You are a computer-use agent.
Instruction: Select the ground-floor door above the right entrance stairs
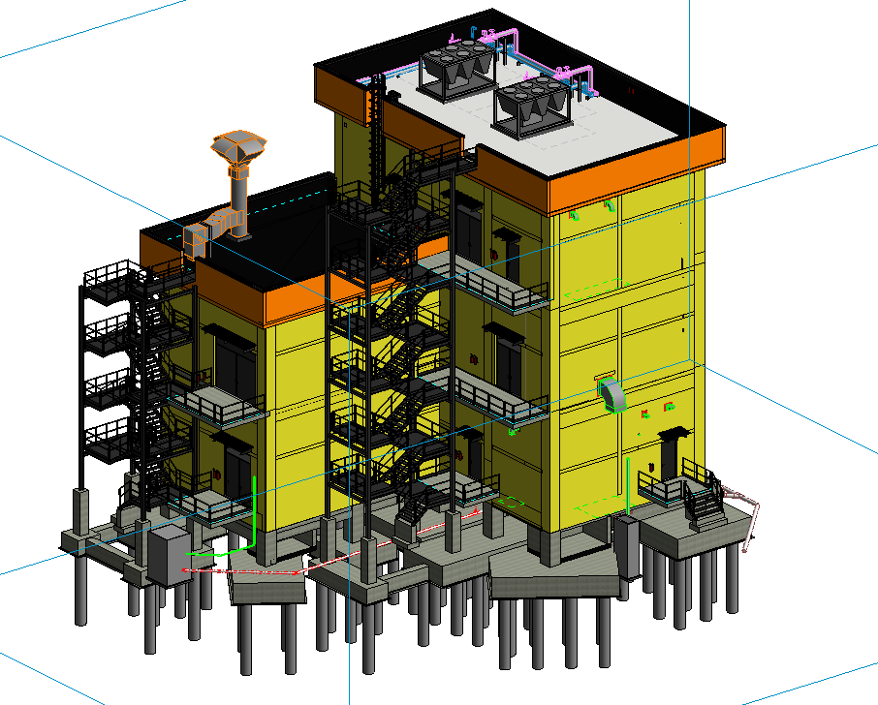click(673, 455)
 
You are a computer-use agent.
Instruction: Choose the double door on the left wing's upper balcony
click(231, 366)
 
